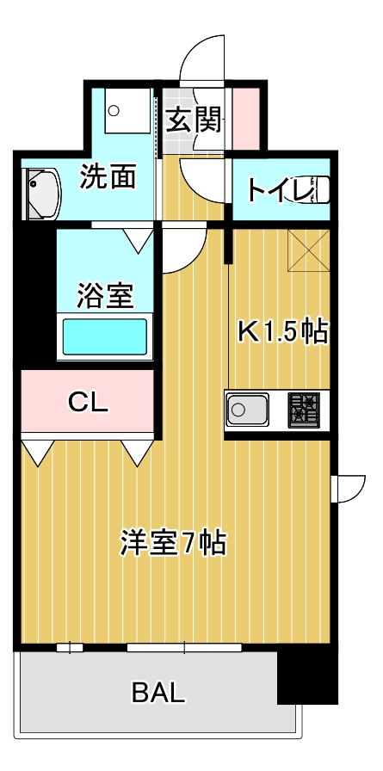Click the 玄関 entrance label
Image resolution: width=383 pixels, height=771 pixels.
pos(194,120)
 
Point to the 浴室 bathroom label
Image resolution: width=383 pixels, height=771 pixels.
pos(105,296)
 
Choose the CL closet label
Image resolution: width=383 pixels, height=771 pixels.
pos(88,402)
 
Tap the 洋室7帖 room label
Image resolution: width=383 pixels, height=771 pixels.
pos(173,543)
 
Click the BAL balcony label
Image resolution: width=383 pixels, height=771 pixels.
pos(158,693)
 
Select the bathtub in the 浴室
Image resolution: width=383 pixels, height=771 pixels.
pos(104,336)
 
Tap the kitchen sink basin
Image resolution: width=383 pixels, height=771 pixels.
pos(247,410)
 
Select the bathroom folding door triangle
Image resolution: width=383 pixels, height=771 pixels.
pos(138,241)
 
